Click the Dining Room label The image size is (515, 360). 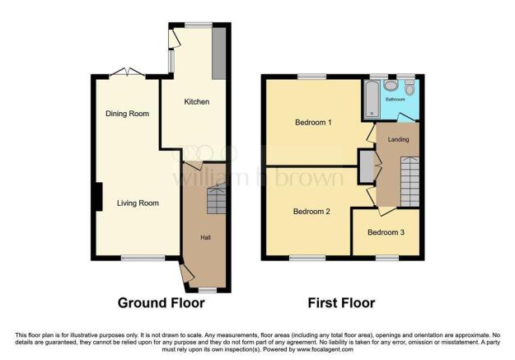coord(127,114)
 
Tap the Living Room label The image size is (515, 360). coord(137,203)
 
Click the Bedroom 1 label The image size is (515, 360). coord(313,124)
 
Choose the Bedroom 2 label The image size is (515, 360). coord(311,212)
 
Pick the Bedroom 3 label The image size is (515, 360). coord(386,232)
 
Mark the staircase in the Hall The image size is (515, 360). coord(215,200)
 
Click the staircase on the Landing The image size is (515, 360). coord(410,182)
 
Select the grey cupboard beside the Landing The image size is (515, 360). coord(364,166)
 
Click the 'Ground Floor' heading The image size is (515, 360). coord(161,303)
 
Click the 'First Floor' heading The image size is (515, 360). coord(341,303)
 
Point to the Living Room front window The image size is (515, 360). coord(137,259)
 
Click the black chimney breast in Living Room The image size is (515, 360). coord(97,197)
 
